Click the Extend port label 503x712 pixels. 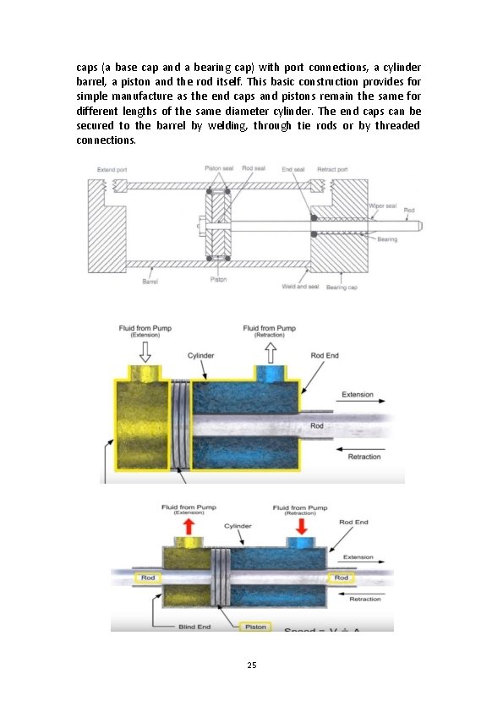[112, 169]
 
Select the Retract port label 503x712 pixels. [331, 169]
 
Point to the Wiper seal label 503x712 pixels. [383, 205]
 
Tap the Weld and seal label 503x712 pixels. [299, 287]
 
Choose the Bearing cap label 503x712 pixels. [342, 288]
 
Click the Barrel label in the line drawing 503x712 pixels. [150, 281]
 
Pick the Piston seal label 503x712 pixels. [220, 168]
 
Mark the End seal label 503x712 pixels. [293, 169]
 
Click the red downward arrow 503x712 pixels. [300, 525]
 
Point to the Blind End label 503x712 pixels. [194, 627]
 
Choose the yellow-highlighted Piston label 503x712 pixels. [255, 627]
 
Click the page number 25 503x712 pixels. [251, 665]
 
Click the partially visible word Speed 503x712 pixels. [301, 630]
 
